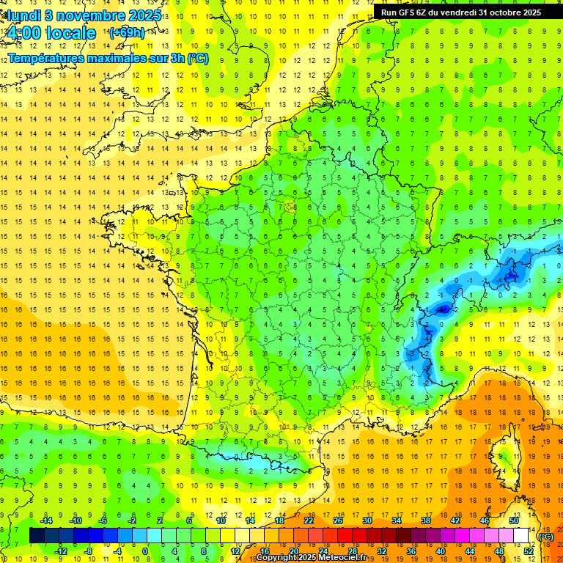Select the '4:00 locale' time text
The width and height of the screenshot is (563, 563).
(50, 33)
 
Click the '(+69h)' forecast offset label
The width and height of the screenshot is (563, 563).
(126, 32)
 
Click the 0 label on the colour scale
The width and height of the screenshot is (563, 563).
(145, 551)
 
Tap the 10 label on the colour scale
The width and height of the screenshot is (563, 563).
(220, 520)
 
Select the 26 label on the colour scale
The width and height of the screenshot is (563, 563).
(337, 520)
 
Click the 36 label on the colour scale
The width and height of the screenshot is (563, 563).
(411, 551)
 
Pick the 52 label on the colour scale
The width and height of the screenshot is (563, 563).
(529, 551)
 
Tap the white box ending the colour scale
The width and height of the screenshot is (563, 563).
(521, 536)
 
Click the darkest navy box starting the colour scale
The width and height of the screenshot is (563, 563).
(37, 536)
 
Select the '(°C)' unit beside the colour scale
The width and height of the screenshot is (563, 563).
(546, 536)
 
